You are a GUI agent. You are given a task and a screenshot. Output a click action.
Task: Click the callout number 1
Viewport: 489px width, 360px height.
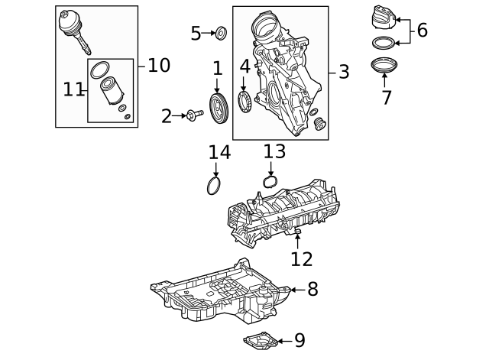218,69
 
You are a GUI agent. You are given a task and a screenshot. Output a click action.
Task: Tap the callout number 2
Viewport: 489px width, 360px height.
167,116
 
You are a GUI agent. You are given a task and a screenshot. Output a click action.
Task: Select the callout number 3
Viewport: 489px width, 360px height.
344,73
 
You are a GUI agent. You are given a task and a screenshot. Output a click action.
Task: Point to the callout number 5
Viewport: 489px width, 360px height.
196,33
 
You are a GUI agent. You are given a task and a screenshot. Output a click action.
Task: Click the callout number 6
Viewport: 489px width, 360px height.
422,31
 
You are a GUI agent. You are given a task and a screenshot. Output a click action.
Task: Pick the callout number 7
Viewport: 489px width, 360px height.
386,97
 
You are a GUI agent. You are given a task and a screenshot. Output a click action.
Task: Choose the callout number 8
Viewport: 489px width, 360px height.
312,289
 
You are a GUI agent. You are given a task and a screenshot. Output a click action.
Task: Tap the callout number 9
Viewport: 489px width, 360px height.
299,340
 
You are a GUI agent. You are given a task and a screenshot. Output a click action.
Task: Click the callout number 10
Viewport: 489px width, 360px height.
158,65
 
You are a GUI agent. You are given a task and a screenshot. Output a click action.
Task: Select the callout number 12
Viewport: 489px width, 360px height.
301,259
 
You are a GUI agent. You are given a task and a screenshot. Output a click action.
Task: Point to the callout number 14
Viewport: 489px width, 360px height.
219,153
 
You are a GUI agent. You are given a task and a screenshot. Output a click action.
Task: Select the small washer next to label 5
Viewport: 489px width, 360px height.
221,33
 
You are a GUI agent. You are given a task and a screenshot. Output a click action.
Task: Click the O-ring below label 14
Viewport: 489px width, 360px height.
215,186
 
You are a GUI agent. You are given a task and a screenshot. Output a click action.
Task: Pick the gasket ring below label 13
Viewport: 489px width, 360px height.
270,182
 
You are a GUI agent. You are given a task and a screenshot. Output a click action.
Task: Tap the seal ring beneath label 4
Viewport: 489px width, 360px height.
245,102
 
